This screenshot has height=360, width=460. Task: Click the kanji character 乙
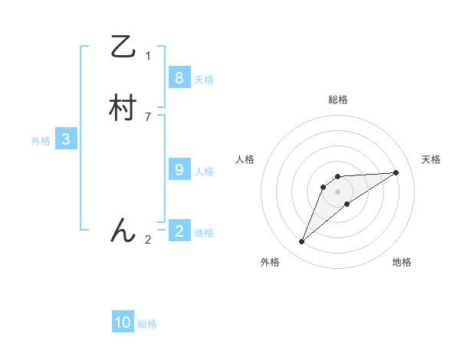[123, 47]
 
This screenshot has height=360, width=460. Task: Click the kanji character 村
[123, 108]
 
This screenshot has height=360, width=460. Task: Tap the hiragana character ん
[123, 230]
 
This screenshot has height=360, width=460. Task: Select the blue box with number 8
[179, 77]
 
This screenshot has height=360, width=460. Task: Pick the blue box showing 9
[179, 170]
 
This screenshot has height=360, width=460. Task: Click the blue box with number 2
[179, 231]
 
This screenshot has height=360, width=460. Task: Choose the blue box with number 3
[66, 139]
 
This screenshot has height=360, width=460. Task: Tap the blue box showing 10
[123, 322]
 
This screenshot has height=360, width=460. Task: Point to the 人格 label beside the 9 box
[204, 172]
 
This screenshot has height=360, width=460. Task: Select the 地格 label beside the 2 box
[204, 233]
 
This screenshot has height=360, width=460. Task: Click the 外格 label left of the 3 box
[41, 141]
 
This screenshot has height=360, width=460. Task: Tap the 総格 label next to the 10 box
[147, 325]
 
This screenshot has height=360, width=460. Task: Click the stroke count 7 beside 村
[148, 116]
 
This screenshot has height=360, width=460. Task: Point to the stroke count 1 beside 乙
[148, 56]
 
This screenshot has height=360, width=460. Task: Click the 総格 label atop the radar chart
[338, 100]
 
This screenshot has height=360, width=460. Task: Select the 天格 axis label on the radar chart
[432, 159]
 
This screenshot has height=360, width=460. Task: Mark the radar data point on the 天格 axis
[396, 172]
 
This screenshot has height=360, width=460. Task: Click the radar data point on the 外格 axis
[302, 242]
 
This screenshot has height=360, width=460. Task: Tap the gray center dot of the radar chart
[338, 191]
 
